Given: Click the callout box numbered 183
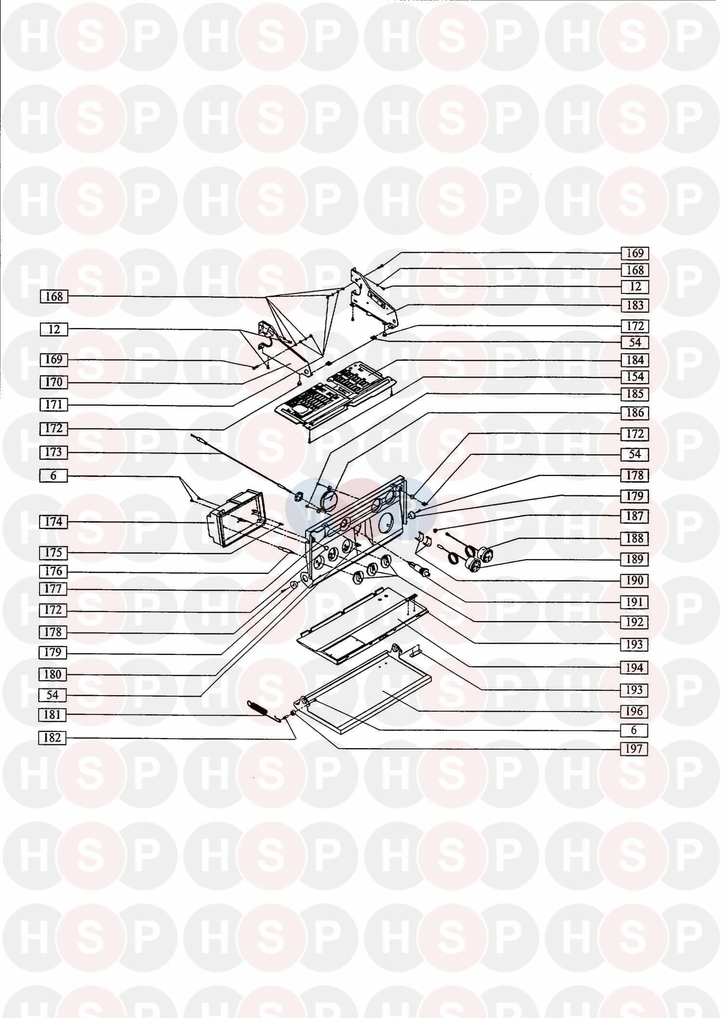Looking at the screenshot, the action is click(x=635, y=305).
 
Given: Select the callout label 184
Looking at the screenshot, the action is click(x=635, y=360).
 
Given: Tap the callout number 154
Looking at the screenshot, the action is click(x=635, y=377).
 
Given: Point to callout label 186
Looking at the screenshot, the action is click(x=635, y=413).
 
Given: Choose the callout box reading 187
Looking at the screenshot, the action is click(x=635, y=516).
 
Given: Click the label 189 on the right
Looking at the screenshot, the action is click(x=635, y=559).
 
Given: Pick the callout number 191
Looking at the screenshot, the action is click(x=635, y=602).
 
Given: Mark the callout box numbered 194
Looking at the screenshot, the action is click(x=635, y=668).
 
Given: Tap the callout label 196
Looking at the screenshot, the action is click(x=635, y=712).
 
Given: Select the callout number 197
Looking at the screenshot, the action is click(x=635, y=749).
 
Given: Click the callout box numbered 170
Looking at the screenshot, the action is click(x=54, y=383).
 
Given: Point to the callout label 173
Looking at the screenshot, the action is click(x=54, y=452).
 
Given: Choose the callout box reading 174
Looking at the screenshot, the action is click(x=54, y=522).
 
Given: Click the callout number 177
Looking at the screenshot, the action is click(x=54, y=589).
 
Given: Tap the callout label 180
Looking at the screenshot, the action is click(x=53, y=674).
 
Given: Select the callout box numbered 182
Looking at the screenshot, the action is click(x=53, y=738).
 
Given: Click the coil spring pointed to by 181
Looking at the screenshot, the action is click(x=260, y=710).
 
